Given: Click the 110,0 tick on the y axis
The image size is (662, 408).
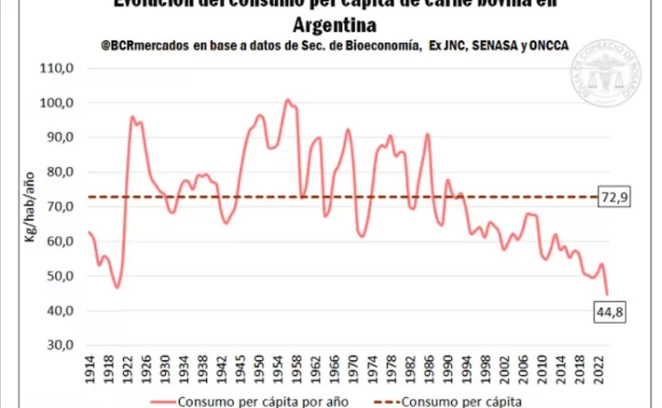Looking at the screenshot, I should [x=57, y=69].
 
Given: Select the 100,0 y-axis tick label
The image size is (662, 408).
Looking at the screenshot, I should [x=57, y=103].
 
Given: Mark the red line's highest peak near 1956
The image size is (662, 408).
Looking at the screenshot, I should [x=287, y=100].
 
